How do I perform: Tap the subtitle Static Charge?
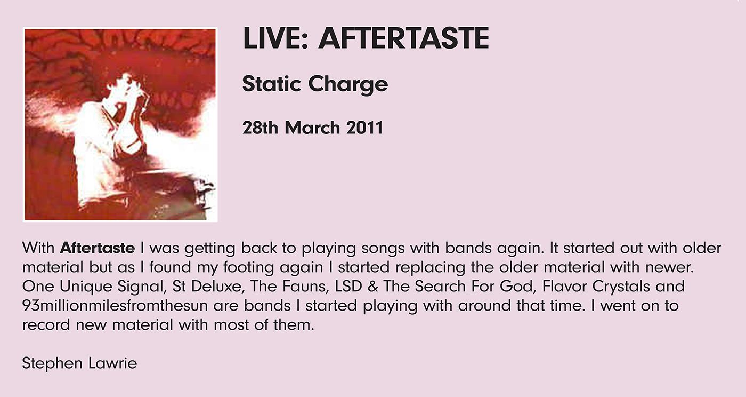(315, 83)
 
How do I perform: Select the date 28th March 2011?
(313, 128)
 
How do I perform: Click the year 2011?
(364, 128)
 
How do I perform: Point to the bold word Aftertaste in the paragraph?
(97, 248)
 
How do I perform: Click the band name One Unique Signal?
(94, 287)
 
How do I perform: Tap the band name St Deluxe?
(208, 286)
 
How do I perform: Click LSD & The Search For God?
(435, 286)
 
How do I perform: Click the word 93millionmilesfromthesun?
(115, 306)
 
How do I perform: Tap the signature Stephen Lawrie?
(79, 363)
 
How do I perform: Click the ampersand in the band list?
(372, 287)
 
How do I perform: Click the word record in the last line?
(46, 325)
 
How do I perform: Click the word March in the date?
(312, 128)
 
